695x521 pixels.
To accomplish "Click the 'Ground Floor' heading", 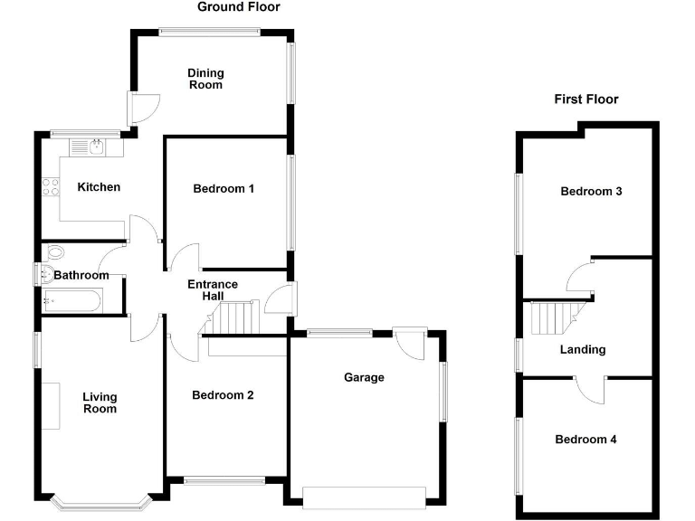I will point(239,7).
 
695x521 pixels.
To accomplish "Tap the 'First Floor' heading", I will point(586,99).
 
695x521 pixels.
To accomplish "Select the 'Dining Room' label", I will point(205,79).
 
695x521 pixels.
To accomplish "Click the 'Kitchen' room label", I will point(98,187).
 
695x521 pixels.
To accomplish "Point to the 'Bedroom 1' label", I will point(224,189).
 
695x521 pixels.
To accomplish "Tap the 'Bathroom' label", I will point(81,275).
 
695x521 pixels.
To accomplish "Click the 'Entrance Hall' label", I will point(213,290).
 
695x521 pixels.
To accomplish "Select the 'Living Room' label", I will point(100,403).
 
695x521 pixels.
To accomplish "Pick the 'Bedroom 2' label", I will point(224,395).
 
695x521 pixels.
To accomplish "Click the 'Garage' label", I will point(364,377).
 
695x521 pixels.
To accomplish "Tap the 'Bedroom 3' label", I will point(591,192).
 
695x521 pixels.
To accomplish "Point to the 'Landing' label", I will point(583,349).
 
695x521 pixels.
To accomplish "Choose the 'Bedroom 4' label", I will point(586,440).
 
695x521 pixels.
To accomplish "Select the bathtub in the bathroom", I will point(73,300).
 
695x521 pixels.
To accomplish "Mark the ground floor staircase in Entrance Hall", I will point(238,318).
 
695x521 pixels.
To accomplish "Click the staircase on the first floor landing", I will point(553,318).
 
